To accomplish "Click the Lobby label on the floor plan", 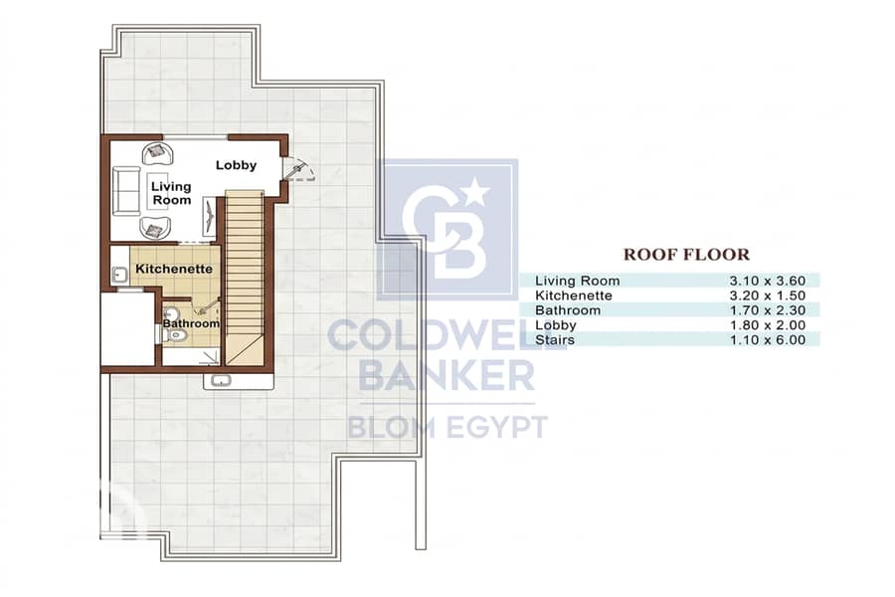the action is (x=236, y=165).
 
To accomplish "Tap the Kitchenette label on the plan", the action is (x=174, y=269).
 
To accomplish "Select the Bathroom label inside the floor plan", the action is (x=191, y=323).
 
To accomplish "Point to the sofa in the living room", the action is (x=126, y=191).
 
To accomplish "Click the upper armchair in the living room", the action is (x=157, y=153).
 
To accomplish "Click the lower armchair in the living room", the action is (x=156, y=229).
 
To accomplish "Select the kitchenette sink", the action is (x=120, y=276).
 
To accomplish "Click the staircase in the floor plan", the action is (x=245, y=278).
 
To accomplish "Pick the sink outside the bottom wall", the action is (x=221, y=380).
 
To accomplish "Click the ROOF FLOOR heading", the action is (x=686, y=255).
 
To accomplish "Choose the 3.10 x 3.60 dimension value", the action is (x=767, y=281).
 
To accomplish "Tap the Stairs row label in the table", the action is (x=555, y=340).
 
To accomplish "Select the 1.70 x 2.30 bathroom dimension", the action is (x=767, y=310).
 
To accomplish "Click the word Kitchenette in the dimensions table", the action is (x=573, y=296).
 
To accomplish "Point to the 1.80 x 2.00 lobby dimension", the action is (x=767, y=325).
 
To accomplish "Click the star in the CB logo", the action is (x=475, y=192).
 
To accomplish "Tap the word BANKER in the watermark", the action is (x=447, y=375).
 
